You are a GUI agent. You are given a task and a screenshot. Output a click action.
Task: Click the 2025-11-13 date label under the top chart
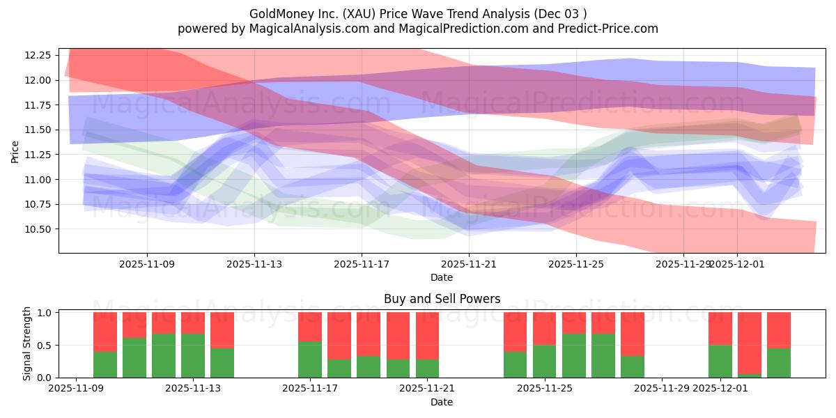pos(254,265)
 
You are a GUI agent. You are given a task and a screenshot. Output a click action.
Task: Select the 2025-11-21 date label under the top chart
pos(469,265)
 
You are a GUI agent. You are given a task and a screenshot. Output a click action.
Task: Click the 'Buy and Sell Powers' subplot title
pos(442,299)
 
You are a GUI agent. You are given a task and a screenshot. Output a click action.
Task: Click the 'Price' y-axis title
pos(15,151)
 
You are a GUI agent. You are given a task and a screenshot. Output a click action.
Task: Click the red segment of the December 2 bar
pos(750,342)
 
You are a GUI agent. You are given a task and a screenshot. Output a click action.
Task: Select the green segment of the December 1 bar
pos(720,361)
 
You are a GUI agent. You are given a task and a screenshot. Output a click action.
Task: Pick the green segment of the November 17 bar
pos(309,359)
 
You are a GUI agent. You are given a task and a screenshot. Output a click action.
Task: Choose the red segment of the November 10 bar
pos(104,332)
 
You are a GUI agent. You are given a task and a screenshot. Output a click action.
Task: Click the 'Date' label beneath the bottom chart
pos(442,402)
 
